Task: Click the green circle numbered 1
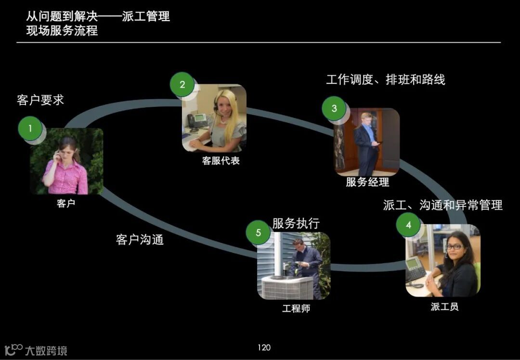coord(30,129)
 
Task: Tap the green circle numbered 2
coord(182,85)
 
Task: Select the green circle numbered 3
coord(334,108)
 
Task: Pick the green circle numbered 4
coord(408,225)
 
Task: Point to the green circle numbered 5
coord(258,233)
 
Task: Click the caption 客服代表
coord(221,161)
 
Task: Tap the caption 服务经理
coord(367,182)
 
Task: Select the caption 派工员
coord(444,307)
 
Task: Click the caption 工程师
coord(296,309)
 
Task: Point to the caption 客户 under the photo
coord(66,204)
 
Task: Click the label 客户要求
coord(40,100)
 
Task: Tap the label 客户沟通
coord(140,239)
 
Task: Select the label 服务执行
coord(296,223)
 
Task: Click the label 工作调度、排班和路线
coord(385,79)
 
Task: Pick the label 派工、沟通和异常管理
coord(442,205)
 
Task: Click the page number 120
coord(264,347)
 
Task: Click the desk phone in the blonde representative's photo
coord(197,120)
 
